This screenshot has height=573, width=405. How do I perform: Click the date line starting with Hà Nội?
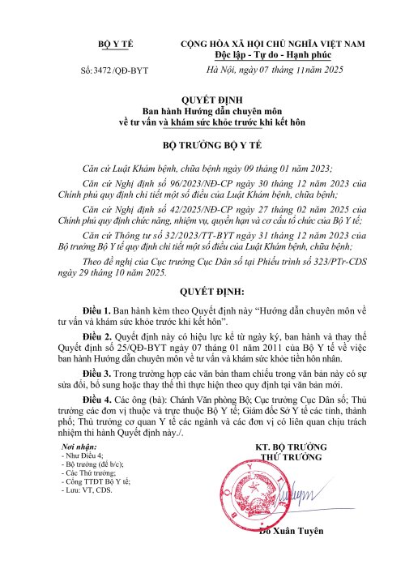click(x=276, y=72)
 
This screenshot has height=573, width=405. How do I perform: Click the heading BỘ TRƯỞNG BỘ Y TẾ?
click(x=203, y=148)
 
